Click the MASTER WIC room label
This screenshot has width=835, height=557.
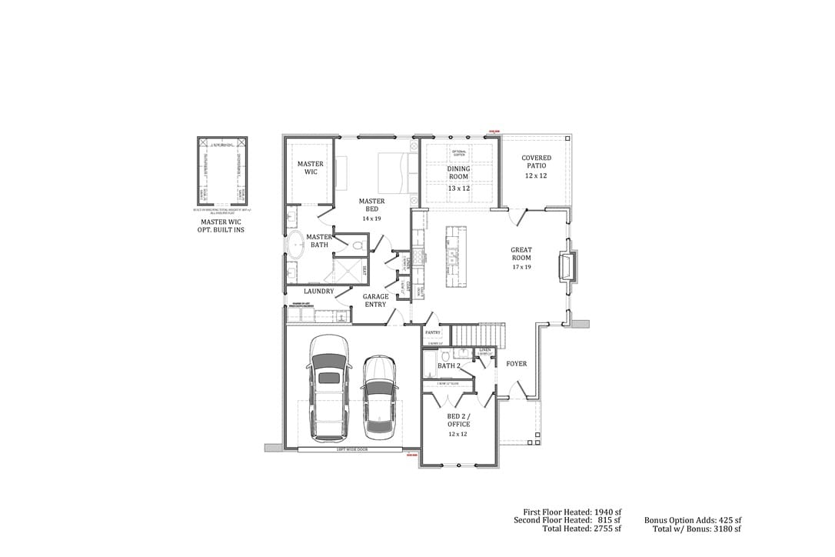pyautogui.click(x=310, y=168)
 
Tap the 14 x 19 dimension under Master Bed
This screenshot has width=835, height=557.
pyautogui.click(x=371, y=218)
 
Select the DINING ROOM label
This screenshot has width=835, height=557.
pyautogui.click(x=458, y=172)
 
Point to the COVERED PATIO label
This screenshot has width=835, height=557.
pyautogui.click(x=536, y=162)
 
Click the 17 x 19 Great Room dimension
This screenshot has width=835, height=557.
pyautogui.click(x=521, y=267)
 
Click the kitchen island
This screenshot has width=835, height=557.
pyautogui.click(x=451, y=255)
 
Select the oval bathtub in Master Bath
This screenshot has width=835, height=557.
pyautogui.click(x=295, y=245)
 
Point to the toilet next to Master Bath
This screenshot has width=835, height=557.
pyautogui.click(x=358, y=245)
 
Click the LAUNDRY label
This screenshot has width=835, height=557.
pyautogui.click(x=318, y=292)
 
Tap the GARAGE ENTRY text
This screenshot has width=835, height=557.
pyautogui.click(x=375, y=300)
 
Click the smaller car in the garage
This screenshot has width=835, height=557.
pyautogui.click(x=378, y=396)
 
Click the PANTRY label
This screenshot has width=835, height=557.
pyautogui.click(x=432, y=332)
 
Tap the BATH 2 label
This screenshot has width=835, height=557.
pyautogui.click(x=448, y=366)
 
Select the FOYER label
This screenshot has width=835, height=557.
pyautogui.click(x=517, y=364)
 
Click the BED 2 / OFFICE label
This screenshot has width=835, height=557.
pyautogui.click(x=458, y=420)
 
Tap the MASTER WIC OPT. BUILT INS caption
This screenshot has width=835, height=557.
pyautogui.click(x=222, y=225)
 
